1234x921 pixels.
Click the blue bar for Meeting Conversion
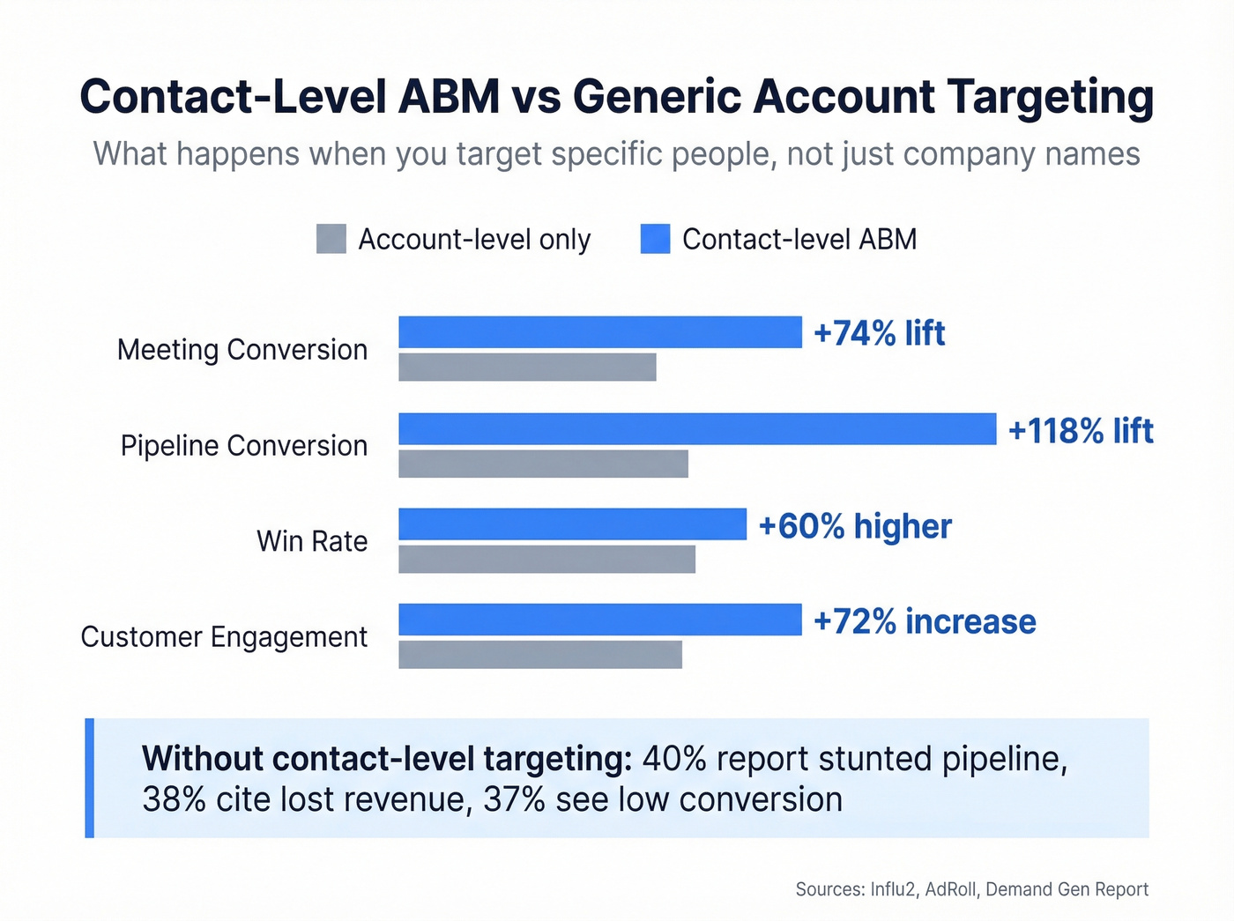pyautogui.click(x=600, y=332)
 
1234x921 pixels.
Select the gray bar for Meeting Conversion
pyautogui.click(x=527, y=368)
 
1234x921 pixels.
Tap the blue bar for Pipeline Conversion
pyautogui.click(x=697, y=429)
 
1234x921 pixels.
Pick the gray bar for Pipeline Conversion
pyautogui.click(x=543, y=464)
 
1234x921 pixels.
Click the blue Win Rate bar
pyautogui.click(x=572, y=524)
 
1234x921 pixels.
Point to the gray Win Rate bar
pyautogui.click(x=546, y=559)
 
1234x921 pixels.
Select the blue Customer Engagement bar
pyautogui.click(x=600, y=620)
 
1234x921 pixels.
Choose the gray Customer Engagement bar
pyautogui.click(x=540, y=655)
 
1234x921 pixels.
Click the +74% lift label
pyautogui.click(x=879, y=333)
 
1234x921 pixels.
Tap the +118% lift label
pyautogui.click(x=1080, y=431)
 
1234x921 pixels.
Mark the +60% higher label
pyautogui.click(x=854, y=526)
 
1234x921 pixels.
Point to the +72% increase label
pyautogui.click(x=924, y=621)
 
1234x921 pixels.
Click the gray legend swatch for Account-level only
pyautogui.click(x=331, y=239)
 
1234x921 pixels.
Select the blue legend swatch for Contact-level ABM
pyautogui.click(x=655, y=239)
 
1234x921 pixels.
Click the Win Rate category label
pyautogui.click(x=312, y=541)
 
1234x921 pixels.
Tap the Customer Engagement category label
pyautogui.click(x=224, y=636)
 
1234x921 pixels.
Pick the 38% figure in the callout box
pyautogui.click(x=174, y=799)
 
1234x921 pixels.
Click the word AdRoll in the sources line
pyautogui.click(x=950, y=889)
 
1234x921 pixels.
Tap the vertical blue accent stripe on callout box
pyautogui.click(x=89, y=777)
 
